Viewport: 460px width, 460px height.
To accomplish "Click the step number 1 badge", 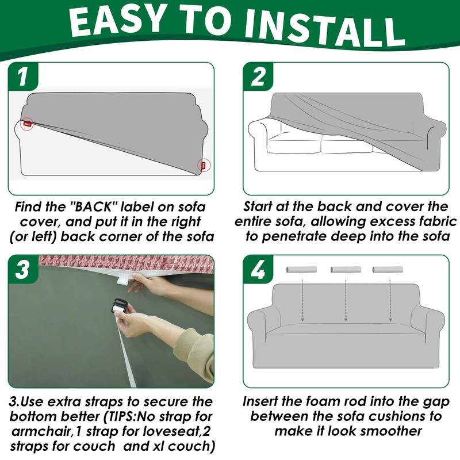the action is pyautogui.click(x=23, y=76).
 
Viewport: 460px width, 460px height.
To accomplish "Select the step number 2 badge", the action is pyautogui.click(x=258, y=76).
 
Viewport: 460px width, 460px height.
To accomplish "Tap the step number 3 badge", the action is pyautogui.click(x=23, y=269).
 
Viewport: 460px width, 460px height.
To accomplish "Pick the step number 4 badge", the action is pyautogui.click(x=258, y=269).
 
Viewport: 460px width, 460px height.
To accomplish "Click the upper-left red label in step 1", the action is pyautogui.click(x=27, y=124).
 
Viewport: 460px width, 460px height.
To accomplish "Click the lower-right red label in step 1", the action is pyautogui.click(x=204, y=165).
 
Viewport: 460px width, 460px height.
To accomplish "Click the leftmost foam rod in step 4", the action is pyautogui.click(x=301, y=270).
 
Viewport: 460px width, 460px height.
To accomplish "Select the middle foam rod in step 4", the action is pyautogui.click(x=346, y=270).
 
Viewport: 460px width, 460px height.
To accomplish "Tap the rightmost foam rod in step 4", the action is pyautogui.click(x=388, y=270).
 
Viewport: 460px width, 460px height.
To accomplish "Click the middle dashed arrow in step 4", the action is pyautogui.click(x=346, y=300).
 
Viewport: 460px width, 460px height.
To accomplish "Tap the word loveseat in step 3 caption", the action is pyautogui.click(x=172, y=432).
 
